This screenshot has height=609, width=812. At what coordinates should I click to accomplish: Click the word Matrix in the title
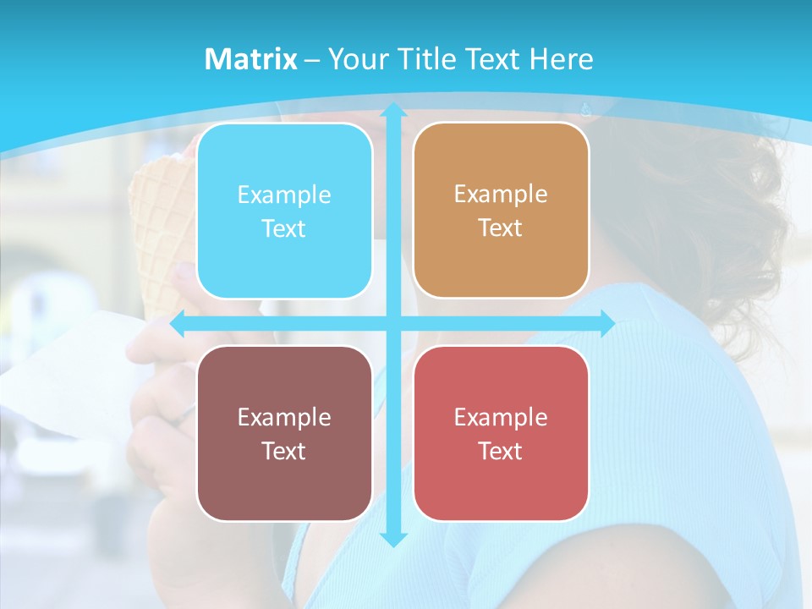[x=250, y=59]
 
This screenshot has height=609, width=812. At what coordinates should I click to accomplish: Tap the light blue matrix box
[x=284, y=211]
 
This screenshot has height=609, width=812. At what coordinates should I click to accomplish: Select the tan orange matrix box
[x=501, y=211]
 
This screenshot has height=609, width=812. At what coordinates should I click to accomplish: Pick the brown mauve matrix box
[x=284, y=433]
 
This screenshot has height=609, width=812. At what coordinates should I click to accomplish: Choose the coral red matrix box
[x=501, y=433]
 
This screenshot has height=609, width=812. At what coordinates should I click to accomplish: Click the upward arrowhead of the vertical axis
[x=392, y=110]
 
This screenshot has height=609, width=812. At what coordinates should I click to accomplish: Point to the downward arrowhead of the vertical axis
[x=392, y=539]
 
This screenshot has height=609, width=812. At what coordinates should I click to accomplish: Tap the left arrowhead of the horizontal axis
[x=178, y=323]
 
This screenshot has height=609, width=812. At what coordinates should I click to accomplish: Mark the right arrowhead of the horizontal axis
[x=607, y=323]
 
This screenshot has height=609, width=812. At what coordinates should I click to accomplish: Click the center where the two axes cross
[x=392, y=323]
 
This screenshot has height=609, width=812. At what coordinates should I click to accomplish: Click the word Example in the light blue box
[x=284, y=195]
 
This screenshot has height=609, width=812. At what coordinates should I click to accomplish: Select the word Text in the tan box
[x=501, y=228]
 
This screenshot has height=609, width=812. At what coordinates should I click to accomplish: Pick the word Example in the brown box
[x=284, y=417]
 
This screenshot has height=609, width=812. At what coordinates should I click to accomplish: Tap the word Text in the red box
[x=501, y=451]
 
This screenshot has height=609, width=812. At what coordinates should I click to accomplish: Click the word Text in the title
[x=494, y=59]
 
